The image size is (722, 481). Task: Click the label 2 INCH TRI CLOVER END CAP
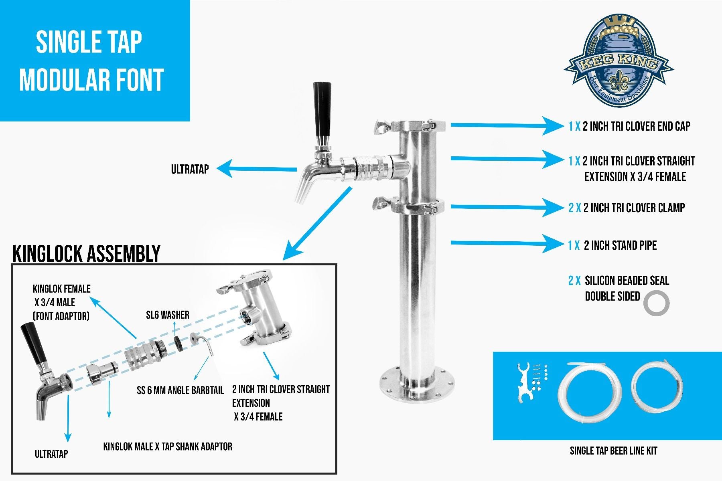629,126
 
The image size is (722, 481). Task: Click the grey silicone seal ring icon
657,303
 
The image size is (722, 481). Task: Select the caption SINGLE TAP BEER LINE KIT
613,451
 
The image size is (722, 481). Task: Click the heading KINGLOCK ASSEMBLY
86,253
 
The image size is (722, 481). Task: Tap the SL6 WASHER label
168,315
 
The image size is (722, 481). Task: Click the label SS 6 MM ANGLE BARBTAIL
180,390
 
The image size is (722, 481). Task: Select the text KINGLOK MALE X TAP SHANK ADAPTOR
168,447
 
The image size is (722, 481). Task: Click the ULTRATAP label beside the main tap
190,169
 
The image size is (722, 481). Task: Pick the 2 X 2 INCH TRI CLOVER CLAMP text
626,208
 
